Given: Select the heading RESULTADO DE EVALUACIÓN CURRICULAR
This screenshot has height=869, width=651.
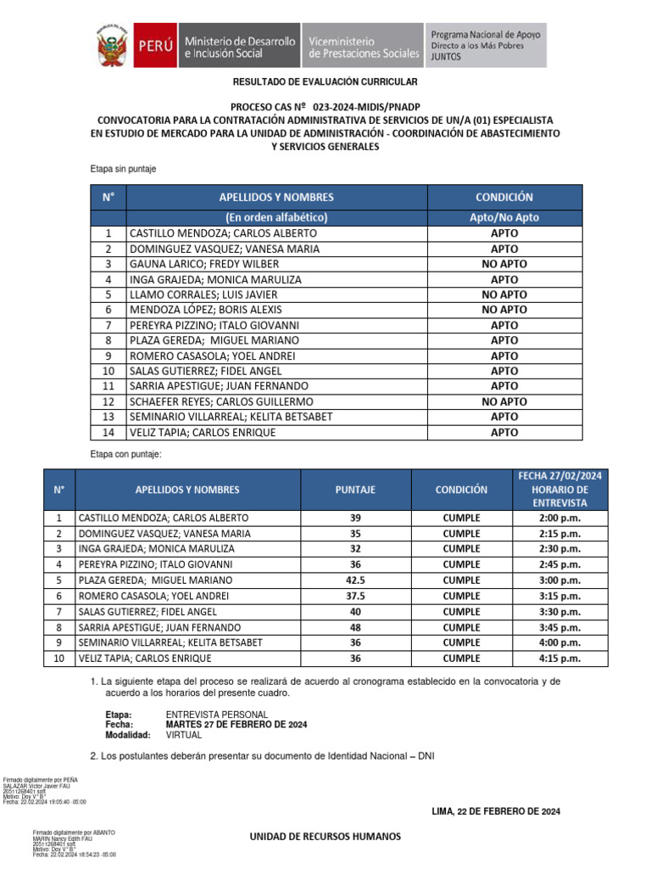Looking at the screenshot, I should [x=325, y=81].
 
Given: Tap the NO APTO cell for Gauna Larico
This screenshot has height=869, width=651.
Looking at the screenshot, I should [x=504, y=264].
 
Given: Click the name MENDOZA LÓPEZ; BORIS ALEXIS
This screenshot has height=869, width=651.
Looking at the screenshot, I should [x=205, y=310].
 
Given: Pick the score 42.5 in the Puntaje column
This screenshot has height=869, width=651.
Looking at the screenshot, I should [x=355, y=580].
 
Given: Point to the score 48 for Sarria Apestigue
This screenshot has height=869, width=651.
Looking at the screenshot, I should [x=355, y=626].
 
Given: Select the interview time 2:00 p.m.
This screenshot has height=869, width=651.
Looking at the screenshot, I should [x=559, y=518].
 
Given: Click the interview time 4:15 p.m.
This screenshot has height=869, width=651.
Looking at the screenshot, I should [x=559, y=658].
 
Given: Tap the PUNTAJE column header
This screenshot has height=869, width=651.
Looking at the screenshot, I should [x=355, y=490].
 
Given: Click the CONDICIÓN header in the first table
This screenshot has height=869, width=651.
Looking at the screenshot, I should [x=504, y=197].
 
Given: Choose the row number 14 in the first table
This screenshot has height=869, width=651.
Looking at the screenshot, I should [x=108, y=432].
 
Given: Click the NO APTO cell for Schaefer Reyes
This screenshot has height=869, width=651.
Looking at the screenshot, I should [x=504, y=401].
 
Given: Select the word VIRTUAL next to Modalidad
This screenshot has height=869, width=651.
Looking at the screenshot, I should [x=184, y=735].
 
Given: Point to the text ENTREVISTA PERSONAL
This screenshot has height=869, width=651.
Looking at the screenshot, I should [x=216, y=715].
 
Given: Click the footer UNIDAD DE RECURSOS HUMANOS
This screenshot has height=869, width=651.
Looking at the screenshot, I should [x=325, y=837].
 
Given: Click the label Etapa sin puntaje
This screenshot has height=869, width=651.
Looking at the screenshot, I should [x=123, y=170].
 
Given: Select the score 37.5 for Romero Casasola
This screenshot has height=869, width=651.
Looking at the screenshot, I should [x=355, y=596].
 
